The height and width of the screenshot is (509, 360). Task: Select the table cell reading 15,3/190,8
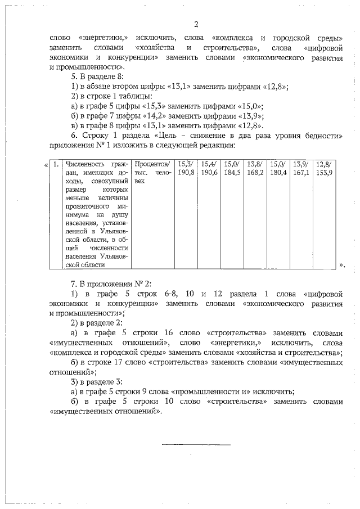186,168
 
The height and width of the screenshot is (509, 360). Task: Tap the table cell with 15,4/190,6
209,168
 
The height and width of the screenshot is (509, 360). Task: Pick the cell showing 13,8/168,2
255,168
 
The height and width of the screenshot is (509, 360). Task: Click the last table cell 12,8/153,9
325,168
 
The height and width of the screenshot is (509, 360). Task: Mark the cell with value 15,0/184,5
232,168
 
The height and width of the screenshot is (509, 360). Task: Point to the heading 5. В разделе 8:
95,76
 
